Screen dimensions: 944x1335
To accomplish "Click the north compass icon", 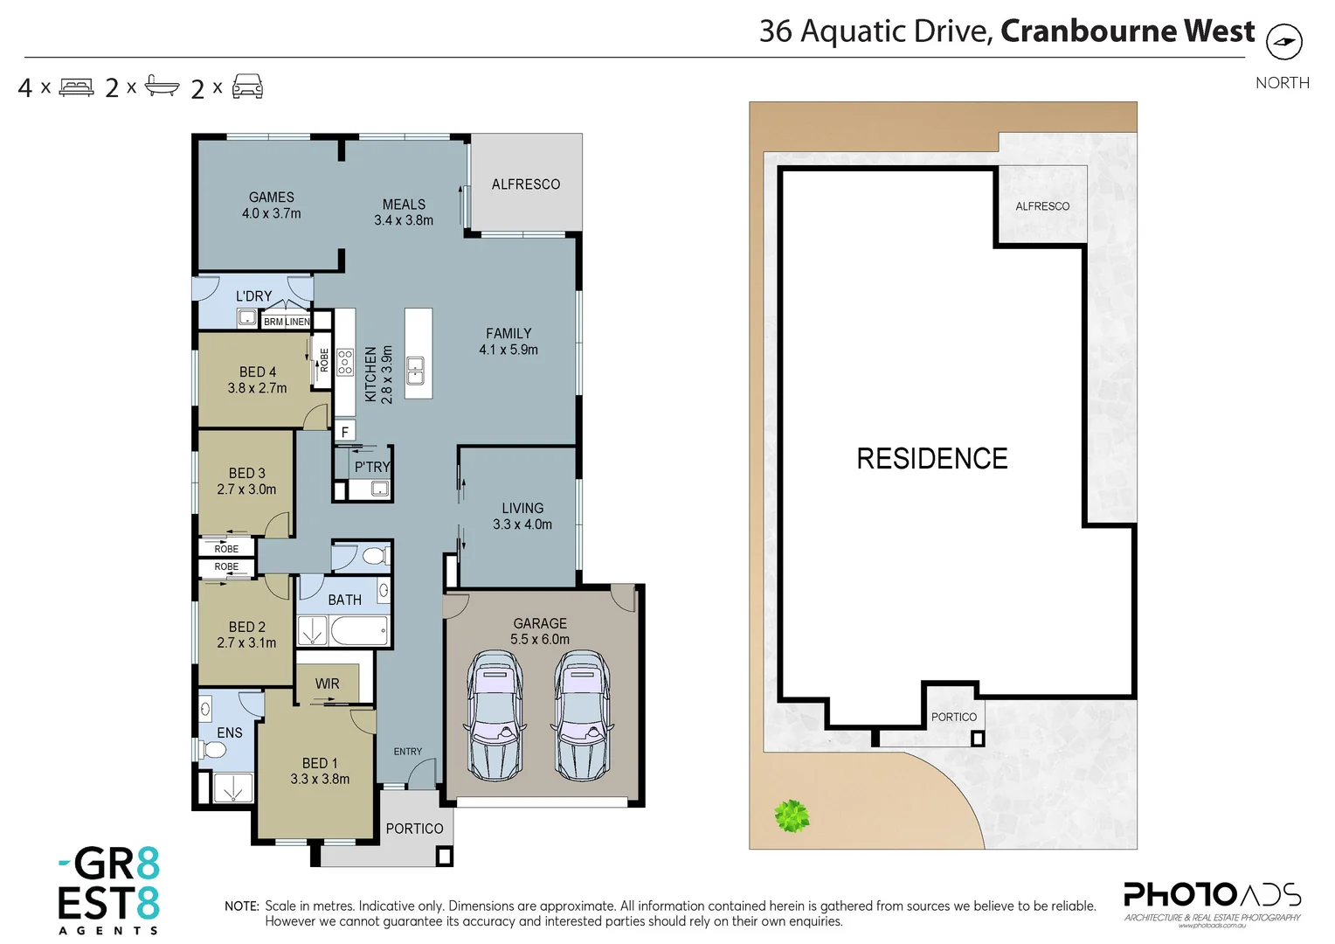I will (x=1283, y=42).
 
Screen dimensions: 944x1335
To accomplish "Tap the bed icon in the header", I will (x=76, y=87).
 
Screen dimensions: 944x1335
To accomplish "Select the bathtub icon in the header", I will (x=162, y=86).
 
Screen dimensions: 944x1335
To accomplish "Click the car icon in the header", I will (x=247, y=87).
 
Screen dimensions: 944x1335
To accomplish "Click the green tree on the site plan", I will (x=792, y=816).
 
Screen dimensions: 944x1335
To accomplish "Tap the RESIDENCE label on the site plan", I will (x=931, y=458).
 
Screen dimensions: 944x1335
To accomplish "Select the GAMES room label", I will (x=271, y=198).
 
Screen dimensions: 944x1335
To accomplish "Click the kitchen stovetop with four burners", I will (x=345, y=362).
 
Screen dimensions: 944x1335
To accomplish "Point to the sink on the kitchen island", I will (x=416, y=371).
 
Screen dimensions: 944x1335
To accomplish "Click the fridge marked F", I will (x=344, y=432).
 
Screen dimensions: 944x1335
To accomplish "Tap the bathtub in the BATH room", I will (x=358, y=631).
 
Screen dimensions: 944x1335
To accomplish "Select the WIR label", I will (x=327, y=684).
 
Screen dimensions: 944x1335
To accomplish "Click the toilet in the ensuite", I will (x=212, y=749).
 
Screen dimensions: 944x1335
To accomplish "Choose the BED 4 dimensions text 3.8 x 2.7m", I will (x=257, y=388).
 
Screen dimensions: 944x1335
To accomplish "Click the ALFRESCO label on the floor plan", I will (x=525, y=184).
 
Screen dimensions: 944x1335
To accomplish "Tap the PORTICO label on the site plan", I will (x=953, y=717).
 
